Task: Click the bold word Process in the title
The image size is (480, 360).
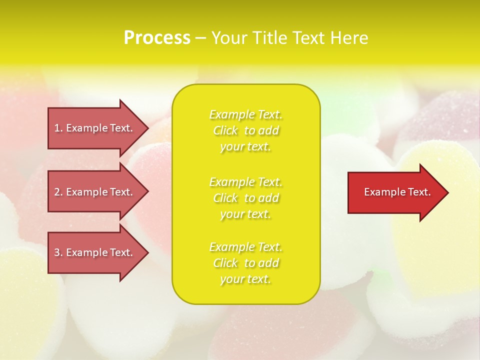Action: coord(157,38)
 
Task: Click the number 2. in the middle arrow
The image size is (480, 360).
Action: coord(58,192)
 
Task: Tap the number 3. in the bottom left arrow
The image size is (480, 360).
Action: coord(58,253)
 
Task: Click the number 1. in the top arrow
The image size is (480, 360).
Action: coord(58,128)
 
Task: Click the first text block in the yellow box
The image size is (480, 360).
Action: coord(246,130)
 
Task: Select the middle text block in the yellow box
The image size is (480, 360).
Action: coord(246,198)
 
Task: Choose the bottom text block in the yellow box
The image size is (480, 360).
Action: coord(246,263)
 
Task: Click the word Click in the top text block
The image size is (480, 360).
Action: coord(225,130)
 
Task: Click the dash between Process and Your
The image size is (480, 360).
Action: coord(200,38)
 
